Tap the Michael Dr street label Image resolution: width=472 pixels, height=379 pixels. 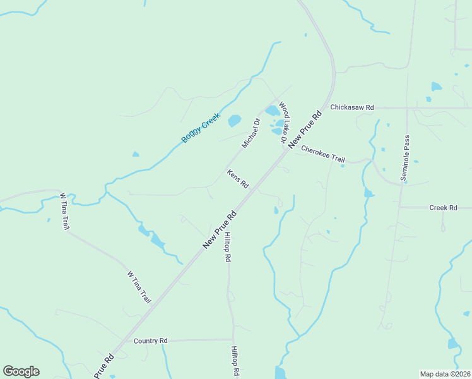click(251, 133)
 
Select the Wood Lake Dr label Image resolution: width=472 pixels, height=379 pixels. click(283, 122)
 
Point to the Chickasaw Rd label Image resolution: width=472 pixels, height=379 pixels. click(352, 107)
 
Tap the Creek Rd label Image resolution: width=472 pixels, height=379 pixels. click(442, 207)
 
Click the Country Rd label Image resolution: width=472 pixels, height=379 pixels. click(150, 340)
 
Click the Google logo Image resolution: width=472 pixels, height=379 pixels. click(21, 371)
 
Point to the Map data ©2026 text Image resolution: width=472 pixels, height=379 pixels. click(445, 374)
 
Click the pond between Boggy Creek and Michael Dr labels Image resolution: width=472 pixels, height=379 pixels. click(234, 120)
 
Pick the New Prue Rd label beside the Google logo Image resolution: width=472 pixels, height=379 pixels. click(105, 366)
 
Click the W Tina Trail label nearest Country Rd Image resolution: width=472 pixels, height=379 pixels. click(139, 286)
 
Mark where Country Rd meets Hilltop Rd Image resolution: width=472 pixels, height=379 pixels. click(233, 339)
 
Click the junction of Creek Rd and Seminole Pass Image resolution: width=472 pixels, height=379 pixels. click(400, 207)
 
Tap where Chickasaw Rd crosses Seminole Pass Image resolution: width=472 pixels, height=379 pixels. click(408, 108)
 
